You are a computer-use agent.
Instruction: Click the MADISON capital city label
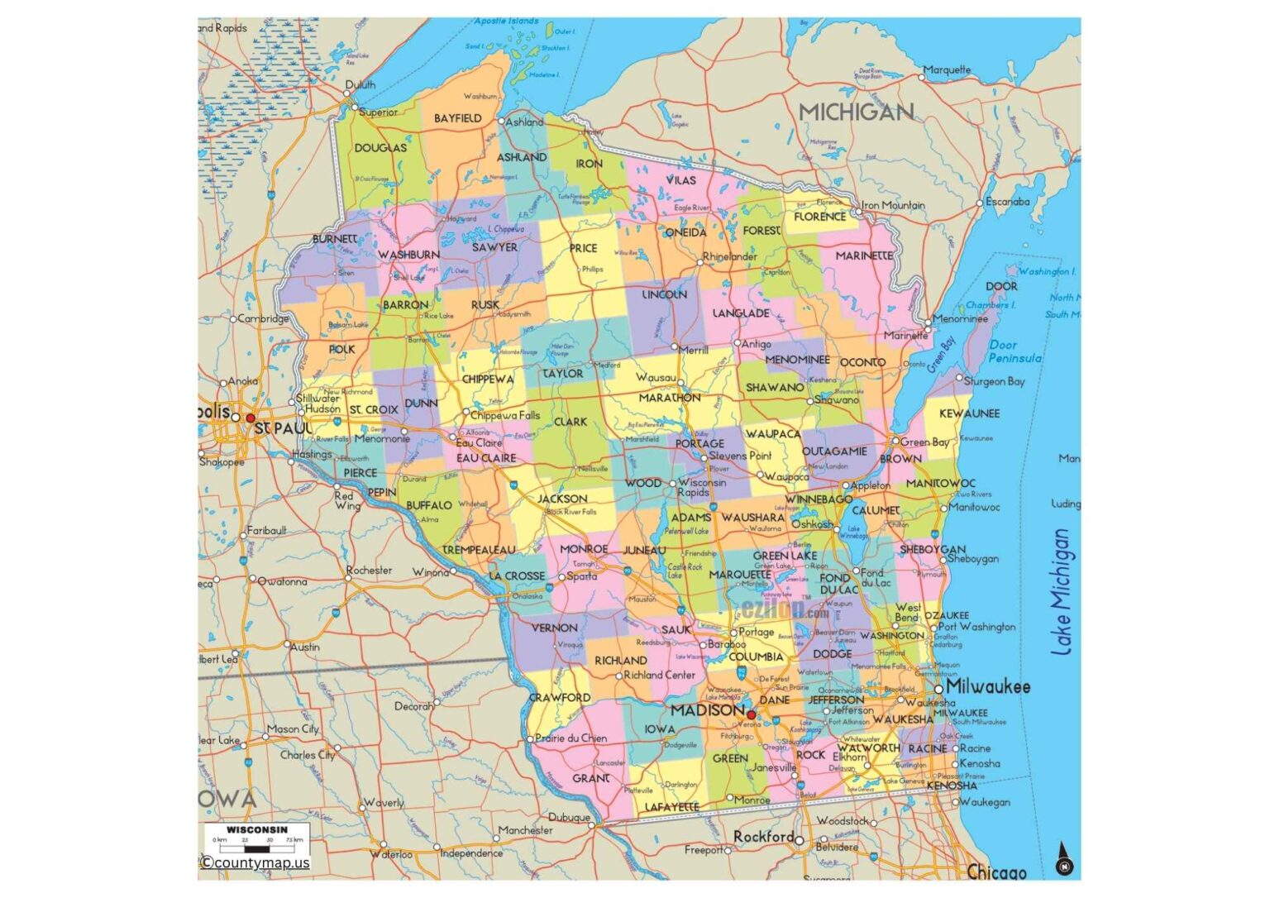pyautogui.click(x=707, y=710)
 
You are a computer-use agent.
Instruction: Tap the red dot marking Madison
pyautogui.click(x=751, y=715)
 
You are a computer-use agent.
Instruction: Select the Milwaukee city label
pyautogui.click(x=988, y=686)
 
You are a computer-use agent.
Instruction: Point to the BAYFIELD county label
pyautogui.click(x=458, y=118)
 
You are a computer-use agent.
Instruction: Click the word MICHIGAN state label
pyautogui.click(x=856, y=112)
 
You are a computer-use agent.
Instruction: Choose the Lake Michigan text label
pyautogui.click(x=1062, y=592)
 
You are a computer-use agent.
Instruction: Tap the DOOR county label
pyautogui.click(x=1001, y=286)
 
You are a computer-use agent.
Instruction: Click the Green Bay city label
pyautogui.click(x=924, y=442)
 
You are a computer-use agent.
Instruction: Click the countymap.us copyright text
pyautogui.click(x=255, y=862)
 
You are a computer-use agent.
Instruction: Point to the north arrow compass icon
pyautogui.click(x=1065, y=860)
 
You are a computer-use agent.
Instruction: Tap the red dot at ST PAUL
pyautogui.click(x=251, y=418)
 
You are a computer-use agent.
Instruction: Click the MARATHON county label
pyautogui.click(x=669, y=398)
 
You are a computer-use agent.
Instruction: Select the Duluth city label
pyautogui.click(x=360, y=84)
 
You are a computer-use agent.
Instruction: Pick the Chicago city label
pyautogui.click(x=996, y=872)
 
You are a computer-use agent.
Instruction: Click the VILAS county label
pyautogui.click(x=680, y=179)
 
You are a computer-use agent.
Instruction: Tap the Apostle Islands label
pyautogui.click(x=506, y=21)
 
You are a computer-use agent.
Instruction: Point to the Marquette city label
pyautogui.click(x=948, y=69)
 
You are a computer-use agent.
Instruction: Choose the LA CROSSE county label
pyautogui.click(x=517, y=576)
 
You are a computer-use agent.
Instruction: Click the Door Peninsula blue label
pyautogui.click(x=1015, y=351)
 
